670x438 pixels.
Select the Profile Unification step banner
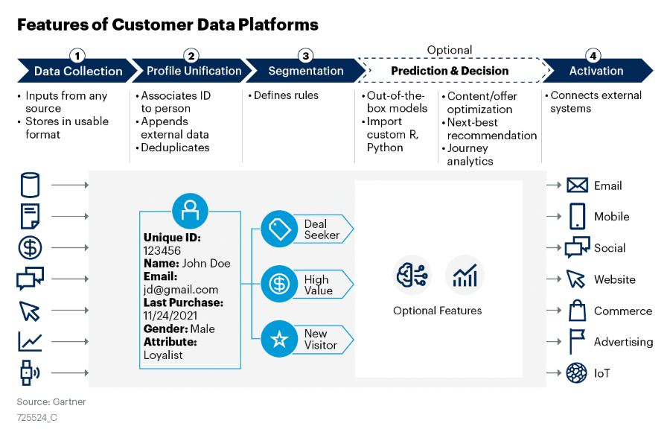point(194,72)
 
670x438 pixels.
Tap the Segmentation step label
point(306,72)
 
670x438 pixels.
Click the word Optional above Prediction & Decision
point(449,50)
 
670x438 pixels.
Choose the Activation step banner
point(596,72)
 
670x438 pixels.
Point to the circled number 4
point(593,55)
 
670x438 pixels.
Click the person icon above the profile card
point(190,210)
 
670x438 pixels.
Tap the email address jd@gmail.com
point(181,289)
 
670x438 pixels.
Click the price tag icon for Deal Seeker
point(279,229)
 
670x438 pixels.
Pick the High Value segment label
point(317,285)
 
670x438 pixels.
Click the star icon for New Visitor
point(279,340)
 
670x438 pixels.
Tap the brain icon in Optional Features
point(412,276)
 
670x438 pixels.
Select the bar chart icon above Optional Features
point(465,276)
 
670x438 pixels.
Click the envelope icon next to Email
point(577,185)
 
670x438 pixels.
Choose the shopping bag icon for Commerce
point(577,311)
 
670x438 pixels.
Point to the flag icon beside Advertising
point(577,342)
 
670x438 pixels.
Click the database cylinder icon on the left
point(31,185)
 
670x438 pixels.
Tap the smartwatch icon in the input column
point(29,372)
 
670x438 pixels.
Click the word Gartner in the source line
point(69,402)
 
